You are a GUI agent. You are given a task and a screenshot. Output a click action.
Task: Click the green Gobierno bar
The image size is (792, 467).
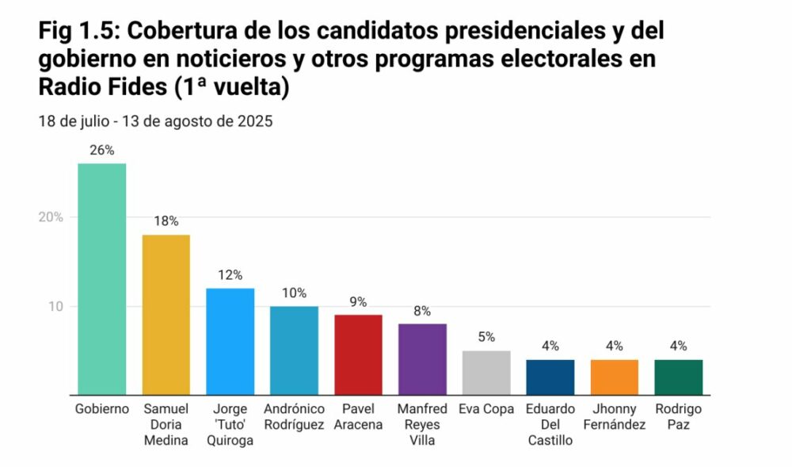(101, 279)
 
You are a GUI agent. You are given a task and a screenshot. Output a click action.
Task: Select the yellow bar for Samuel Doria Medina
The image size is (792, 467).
(166, 315)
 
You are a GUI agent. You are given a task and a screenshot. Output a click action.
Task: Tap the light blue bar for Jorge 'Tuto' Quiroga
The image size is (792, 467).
(230, 342)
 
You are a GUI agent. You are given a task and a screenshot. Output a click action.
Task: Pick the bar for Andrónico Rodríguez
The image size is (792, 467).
(294, 350)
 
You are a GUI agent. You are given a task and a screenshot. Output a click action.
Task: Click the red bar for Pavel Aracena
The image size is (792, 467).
(358, 354)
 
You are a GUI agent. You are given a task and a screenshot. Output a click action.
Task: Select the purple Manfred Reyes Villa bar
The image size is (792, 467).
(422, 359)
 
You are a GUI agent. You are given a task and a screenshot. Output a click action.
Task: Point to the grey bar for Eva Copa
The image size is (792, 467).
(486, 373)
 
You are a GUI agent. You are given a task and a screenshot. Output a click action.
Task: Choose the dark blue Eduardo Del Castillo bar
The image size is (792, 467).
(550, 377)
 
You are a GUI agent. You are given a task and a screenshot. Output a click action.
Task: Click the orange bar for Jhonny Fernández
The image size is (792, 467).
(615, 377)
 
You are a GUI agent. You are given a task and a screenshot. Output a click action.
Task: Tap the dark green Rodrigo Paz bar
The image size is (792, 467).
(679, 377)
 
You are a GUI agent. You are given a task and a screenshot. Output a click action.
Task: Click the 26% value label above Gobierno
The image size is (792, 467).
(101, 150)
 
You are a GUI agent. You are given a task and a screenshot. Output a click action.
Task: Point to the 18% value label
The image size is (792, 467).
(166, 221)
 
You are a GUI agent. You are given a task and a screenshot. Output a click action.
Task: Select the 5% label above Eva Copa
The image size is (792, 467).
(486, 337)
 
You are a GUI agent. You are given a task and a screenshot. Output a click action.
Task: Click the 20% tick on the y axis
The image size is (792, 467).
(51, 217)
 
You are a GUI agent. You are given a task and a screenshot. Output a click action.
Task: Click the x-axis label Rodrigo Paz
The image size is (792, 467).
(679, 416)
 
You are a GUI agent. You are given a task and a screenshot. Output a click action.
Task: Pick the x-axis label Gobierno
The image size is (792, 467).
(101, 409)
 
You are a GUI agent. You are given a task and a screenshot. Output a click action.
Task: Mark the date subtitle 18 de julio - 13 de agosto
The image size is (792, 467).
(155, 122)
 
